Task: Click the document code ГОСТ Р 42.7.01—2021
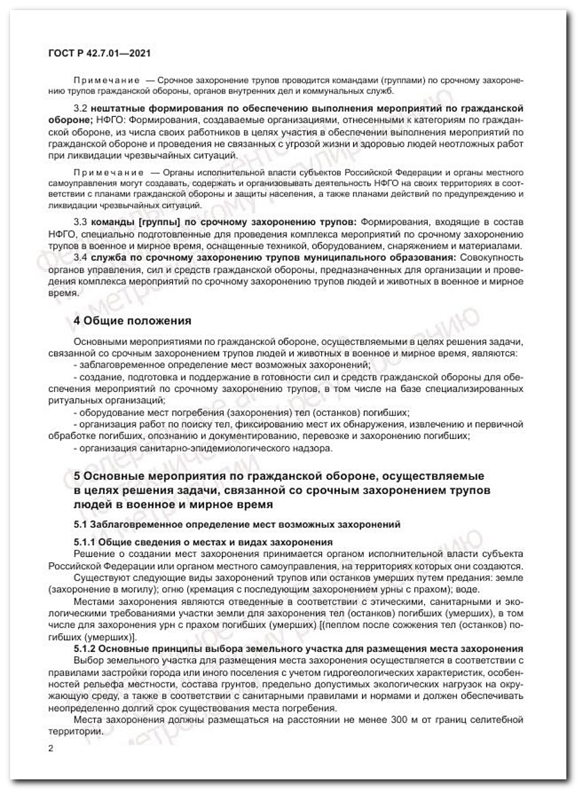99,53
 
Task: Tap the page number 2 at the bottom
51,748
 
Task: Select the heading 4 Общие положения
132,321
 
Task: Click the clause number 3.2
80,108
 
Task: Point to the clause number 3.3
80,222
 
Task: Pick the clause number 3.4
80,257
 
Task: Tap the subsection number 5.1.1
84,542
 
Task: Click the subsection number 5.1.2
84,649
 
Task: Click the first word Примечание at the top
107,79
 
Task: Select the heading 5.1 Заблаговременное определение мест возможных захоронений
237,524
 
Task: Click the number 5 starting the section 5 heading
77,476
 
